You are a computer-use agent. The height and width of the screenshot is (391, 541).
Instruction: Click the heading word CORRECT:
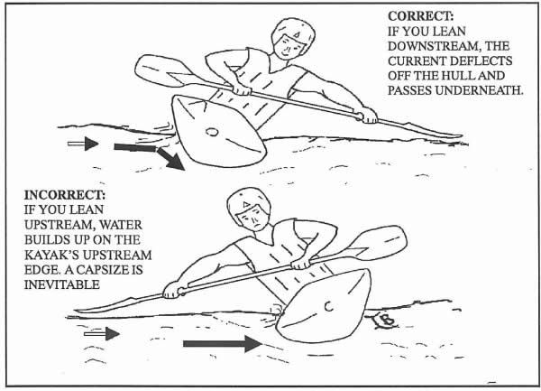click(420, 16)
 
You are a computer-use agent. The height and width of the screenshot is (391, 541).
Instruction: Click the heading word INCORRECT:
click(65, 195)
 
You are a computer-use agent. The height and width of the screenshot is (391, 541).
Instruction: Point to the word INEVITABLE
click(62, 284)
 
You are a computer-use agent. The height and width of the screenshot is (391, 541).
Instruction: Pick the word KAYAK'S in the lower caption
click(53, 255)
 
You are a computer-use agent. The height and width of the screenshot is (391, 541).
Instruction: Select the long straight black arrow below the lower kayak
click(223, 344)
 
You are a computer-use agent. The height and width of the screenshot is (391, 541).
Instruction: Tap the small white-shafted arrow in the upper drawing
click(83, 144)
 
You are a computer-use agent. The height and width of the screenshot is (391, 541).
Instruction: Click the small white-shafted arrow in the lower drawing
click(102, 334)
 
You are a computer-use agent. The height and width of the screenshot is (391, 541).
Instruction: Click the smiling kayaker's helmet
click(293, 31)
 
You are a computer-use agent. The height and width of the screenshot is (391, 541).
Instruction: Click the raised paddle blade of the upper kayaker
click(162, 70)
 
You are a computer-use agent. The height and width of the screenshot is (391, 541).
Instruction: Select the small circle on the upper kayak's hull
click(212, 132)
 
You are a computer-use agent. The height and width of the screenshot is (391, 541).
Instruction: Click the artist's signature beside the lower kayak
click(386, 321)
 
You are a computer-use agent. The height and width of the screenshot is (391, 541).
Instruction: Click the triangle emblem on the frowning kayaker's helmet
click(245, 204)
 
